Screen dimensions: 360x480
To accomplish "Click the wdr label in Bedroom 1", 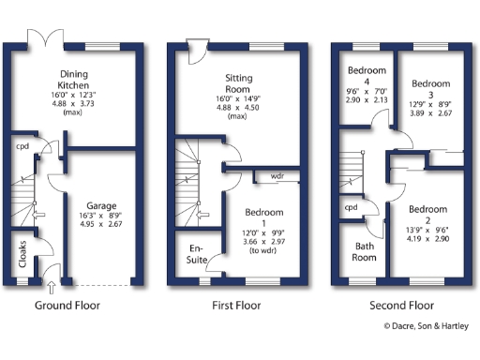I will [277, 175].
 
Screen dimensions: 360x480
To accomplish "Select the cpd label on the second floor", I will [352, 207].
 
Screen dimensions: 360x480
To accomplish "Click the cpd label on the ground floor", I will [21, 146].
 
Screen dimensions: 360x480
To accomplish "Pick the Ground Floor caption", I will [67, 305].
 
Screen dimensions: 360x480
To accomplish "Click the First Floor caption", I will [232, 305].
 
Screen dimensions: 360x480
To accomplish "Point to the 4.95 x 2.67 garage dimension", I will [101, 224].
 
